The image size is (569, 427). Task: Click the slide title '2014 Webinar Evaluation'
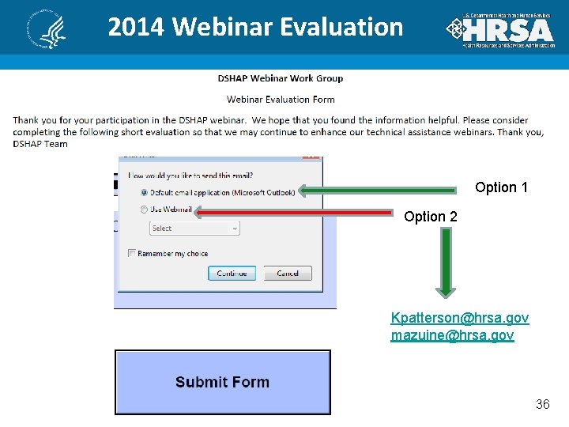pos(255,27)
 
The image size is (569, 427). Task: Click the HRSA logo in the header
pos(499,30)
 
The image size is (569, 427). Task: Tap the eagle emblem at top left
pos(46,30)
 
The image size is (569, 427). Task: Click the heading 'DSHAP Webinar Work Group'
pos(281,78)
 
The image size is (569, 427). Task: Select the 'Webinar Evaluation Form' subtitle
pos(281,100)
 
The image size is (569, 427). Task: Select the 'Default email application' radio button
pos(144,192)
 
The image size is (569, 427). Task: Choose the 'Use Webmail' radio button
pos(144,210)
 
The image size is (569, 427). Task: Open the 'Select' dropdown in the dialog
pos(194,228)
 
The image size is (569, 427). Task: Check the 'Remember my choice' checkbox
pos(132,253)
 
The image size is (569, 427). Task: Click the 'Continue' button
pos(232,273)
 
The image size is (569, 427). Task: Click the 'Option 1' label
pos(501,187)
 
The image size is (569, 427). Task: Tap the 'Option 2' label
pos(430,217)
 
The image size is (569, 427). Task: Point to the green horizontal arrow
pos(378,190)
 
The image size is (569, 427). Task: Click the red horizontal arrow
pos(293,212)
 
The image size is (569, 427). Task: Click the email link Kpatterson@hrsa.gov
pos(459,318)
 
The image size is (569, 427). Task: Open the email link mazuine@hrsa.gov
pos(452,335)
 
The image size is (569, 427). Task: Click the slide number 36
pos(542,404)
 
